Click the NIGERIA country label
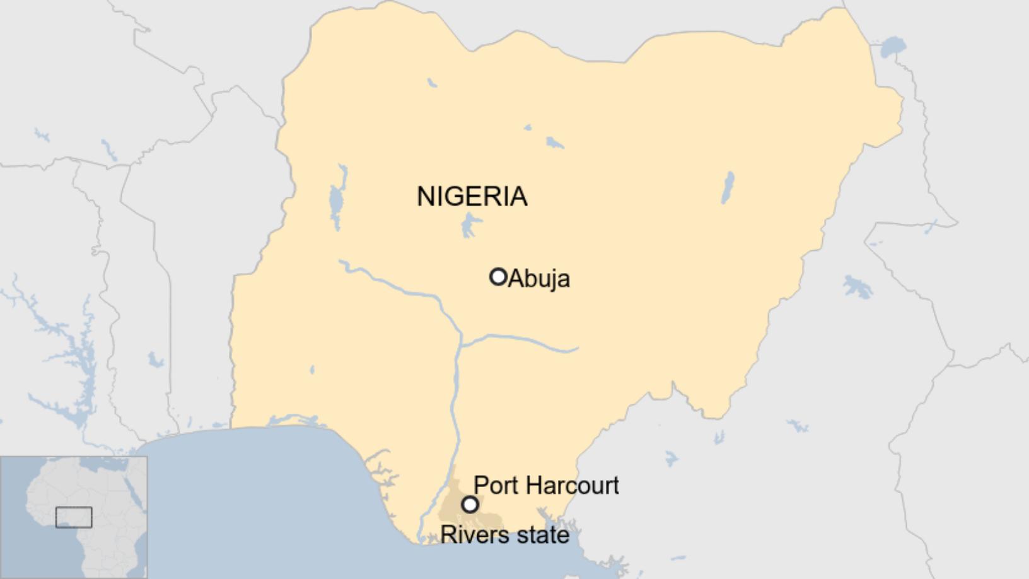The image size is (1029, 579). [472, 196]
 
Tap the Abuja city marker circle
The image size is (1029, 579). [498, 276]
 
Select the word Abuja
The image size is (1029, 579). [539, 278]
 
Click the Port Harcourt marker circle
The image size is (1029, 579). [470, 505]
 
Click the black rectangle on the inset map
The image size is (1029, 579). [74, 517]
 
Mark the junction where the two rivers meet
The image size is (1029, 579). [460, 344]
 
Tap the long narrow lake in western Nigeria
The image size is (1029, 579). [337, 201]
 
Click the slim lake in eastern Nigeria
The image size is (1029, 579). [728, 188]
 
